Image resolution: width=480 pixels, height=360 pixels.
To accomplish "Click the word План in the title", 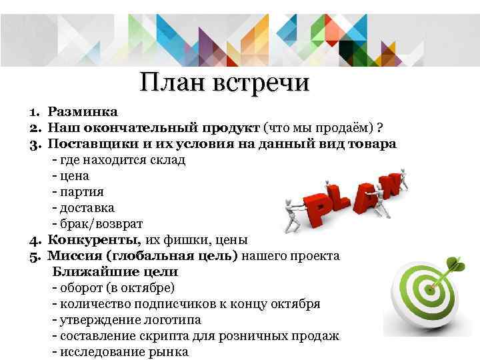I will tap(172, 84).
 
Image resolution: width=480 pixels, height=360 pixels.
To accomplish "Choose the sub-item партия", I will tap(81, 192).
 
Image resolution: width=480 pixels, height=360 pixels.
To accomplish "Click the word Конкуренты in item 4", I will tap(85, 240).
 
